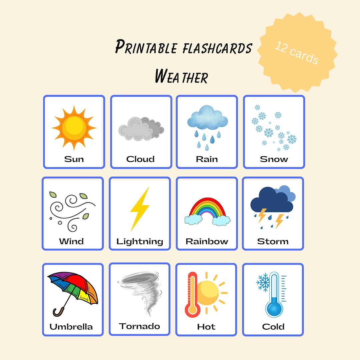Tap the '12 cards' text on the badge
296,53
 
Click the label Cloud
140,159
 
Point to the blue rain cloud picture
207,118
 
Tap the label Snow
274,159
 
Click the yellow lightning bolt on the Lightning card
139,209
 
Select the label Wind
71,241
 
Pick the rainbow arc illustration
207,208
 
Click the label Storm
273,241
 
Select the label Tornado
139,326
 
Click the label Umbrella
71,327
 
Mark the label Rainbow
207,241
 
